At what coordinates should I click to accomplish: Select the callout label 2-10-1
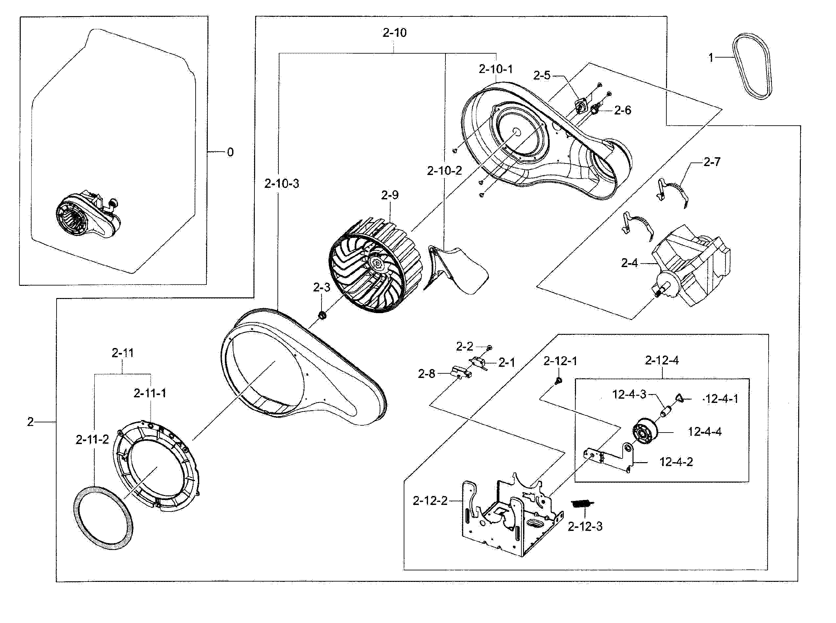(496, 69)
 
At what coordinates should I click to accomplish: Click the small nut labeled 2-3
(322, 314)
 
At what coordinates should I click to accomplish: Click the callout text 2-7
(712, 162)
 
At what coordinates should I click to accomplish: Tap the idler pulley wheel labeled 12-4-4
(645, 432)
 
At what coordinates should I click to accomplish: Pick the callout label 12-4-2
(676, 462)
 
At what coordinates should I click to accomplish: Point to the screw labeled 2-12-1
(558, 381)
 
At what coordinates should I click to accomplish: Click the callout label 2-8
(426, 374)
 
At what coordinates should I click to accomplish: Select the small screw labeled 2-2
(489, 347)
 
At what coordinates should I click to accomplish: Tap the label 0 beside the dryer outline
(230, 152)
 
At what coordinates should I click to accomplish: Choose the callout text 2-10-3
(281, 184)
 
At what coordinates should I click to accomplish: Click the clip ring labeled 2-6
(595, 110)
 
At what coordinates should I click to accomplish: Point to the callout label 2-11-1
(150, 393)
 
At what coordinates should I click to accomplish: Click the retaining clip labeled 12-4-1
(679, 397)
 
